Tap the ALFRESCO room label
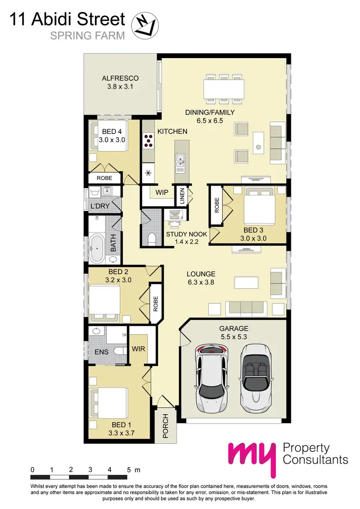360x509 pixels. (x=120, y=78)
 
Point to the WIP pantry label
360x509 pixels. (x=161, y=193)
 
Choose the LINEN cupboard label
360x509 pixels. (x=182, y=196)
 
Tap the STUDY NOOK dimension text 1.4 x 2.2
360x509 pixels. (x=186, y=242)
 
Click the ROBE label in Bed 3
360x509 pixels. (x=216, y=205)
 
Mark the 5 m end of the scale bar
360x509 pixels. (x=129, y=476)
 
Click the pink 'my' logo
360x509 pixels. (x=252, y=457)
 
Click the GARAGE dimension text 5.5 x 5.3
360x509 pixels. (x=234, y=337)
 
